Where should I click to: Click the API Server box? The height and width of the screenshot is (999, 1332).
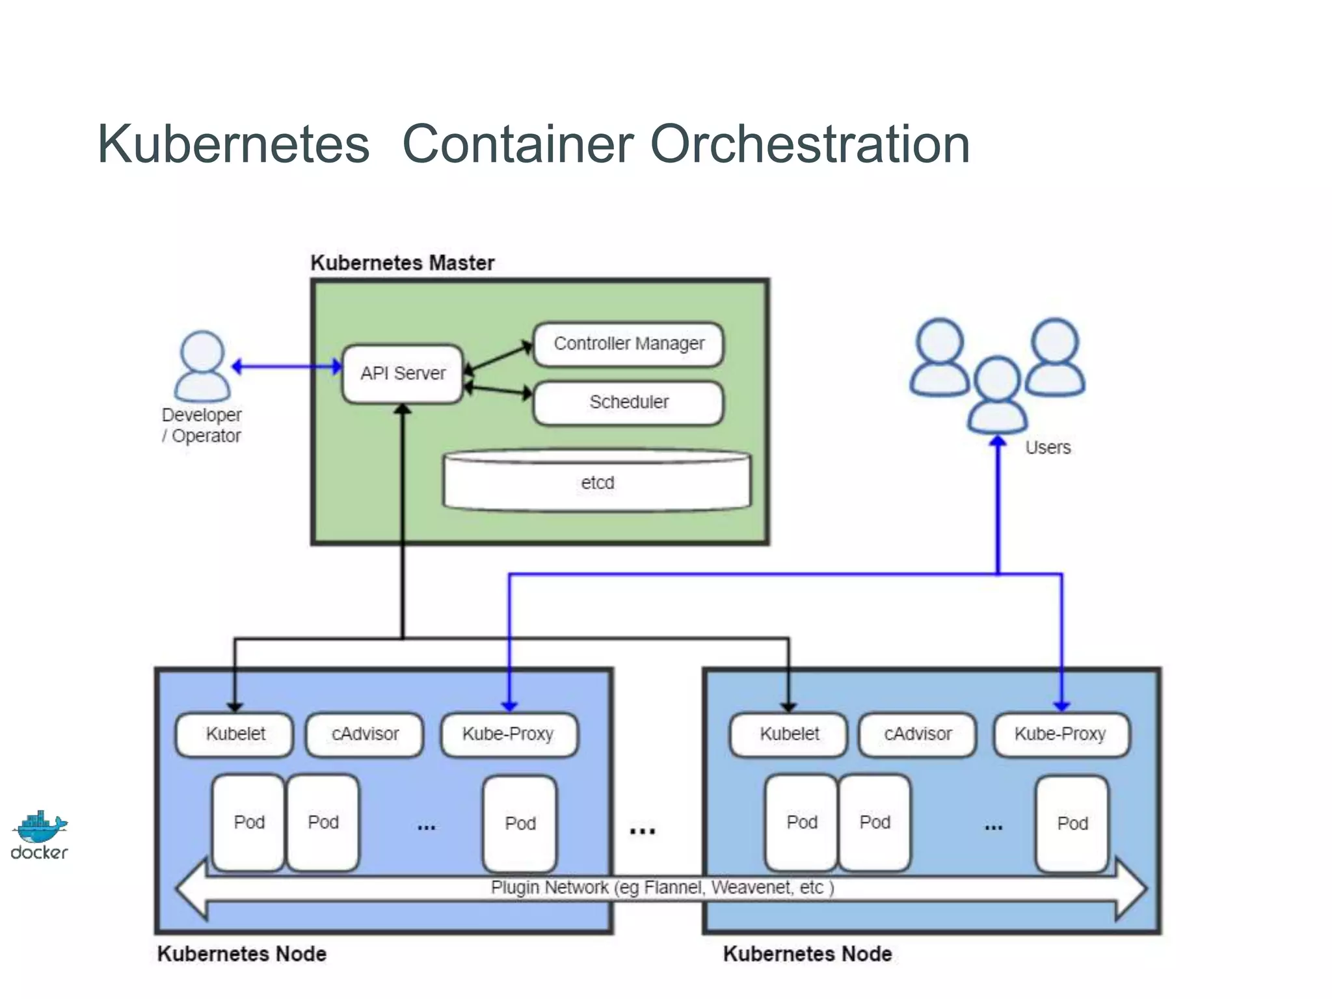(x=403, y=373)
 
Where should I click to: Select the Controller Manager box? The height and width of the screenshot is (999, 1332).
(x=628, y=344)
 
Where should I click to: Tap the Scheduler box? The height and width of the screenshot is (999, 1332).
(x=628, y=403)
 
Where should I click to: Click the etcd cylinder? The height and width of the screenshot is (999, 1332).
(x=597, y=483)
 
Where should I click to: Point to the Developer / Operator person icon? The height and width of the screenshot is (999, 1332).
(x=202, y=366)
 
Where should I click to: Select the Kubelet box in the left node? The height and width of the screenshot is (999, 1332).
(x=235, y=734)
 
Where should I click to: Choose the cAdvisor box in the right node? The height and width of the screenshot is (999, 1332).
(x=917, y=734)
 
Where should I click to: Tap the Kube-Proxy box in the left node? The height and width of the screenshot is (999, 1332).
(x=509, y=734)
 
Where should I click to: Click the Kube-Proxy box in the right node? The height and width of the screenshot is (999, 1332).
(x=1061, y=734)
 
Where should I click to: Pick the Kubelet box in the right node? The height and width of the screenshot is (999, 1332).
(x=789, y=734)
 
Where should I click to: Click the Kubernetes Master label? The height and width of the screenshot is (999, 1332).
(x=402, y=263)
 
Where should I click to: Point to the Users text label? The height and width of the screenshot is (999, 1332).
(x=1048, y=447)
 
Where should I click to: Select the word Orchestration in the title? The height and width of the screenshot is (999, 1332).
(x=810, y=144)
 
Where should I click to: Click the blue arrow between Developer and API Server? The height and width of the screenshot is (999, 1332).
(x=286, y=367)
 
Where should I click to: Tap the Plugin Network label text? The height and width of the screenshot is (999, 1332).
(x=661, y=888)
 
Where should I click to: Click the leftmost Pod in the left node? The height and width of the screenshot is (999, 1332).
(x=248, y=822)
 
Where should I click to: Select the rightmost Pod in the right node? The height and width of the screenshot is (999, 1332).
(x=1072, y=823)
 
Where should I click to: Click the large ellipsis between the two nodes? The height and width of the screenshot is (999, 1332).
(x=642, y=831)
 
